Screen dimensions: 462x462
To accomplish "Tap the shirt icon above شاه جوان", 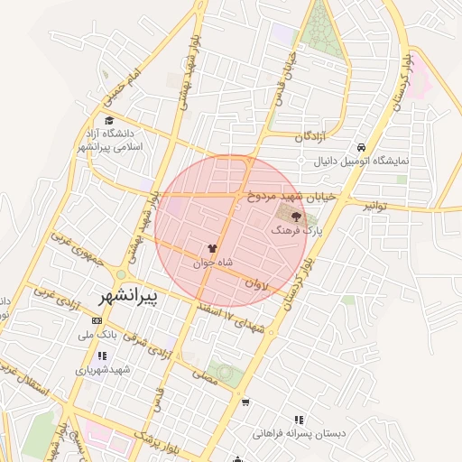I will tap(212, 248).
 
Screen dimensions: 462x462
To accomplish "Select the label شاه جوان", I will tap(212, 263).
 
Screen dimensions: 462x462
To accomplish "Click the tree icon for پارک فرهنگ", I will tap(295, 217).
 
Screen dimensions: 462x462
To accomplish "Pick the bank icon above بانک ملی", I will tap(97, 320).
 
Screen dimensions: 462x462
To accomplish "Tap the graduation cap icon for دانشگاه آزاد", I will tap(109, 120).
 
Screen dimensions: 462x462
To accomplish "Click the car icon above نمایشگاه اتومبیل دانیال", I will tap(361, 147).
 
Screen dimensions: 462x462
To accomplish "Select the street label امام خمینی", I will tap(124, 85).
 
